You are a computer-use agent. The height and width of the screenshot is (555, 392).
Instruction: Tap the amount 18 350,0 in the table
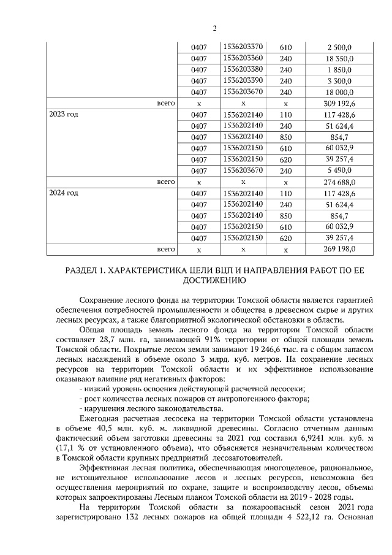(338, 58)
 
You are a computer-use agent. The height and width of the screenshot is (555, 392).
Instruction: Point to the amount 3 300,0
(338, 81)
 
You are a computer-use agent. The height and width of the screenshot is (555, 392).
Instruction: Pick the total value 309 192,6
(338, 104)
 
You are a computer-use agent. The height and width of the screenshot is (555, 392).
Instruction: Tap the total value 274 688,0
(338, 182)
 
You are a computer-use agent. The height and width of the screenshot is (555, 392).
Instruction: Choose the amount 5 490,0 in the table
(338, 170)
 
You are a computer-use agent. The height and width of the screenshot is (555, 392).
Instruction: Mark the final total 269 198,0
(338, 250)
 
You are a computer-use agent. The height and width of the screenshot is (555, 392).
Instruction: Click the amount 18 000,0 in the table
(338, 92)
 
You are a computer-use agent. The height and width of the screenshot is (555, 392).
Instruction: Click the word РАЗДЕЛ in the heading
(83, 271)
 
